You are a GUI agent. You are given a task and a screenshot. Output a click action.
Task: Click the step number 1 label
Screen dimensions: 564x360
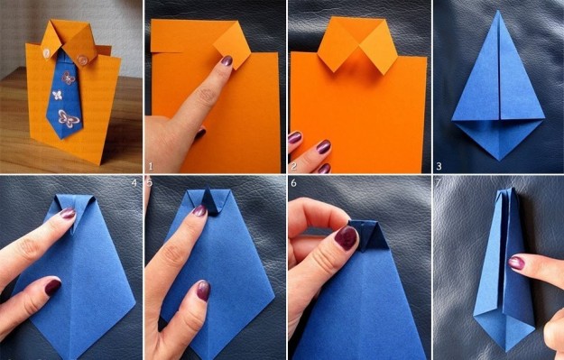[x=151, y=166]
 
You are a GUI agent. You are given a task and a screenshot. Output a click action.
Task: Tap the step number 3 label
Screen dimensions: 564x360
[x=439, y=166]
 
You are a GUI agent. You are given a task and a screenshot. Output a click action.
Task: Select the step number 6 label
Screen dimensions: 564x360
[x=293, y=183]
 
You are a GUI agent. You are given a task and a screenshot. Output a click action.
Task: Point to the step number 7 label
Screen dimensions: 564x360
[x=438, y=183]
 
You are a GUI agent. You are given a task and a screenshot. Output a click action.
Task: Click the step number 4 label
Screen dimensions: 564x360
[x=134, y=183]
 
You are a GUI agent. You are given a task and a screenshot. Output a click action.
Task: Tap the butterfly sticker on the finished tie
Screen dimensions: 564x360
[x=69, y=118]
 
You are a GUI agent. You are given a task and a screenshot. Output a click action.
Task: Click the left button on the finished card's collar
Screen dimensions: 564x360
[x=47, y=53]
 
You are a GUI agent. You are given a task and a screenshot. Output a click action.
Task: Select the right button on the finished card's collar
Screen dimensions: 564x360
[x=82, y=59]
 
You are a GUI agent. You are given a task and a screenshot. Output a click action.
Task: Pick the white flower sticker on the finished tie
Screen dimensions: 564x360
[x=58, y=95]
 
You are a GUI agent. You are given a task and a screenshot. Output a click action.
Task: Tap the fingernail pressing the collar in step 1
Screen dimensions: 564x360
[x=227, y=60]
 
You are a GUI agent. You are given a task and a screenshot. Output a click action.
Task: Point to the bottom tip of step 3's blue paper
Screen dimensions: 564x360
[x=499, y=160]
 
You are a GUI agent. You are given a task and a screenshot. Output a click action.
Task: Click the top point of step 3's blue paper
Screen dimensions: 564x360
[x=498, y=12]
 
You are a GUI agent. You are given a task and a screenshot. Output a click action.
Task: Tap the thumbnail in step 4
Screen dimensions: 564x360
[x=52, y=287]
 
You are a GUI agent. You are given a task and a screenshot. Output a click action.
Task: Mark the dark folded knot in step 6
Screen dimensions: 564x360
[x=369, y=235]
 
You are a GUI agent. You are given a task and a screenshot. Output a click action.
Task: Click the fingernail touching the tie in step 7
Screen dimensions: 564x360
[x=516, y=263]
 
